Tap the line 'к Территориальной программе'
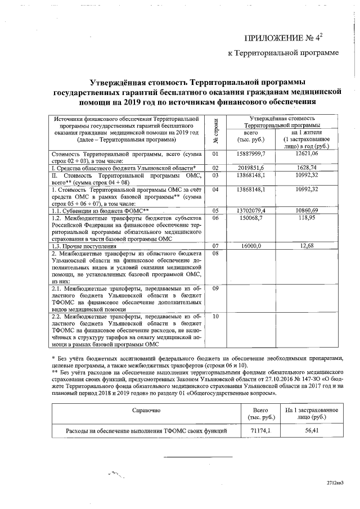click(283, 53)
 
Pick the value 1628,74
click(307, 168)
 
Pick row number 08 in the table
click(215, 254)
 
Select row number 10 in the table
click(215, 316)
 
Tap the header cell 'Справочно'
click(146, 412)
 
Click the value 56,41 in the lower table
click(311, 431)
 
